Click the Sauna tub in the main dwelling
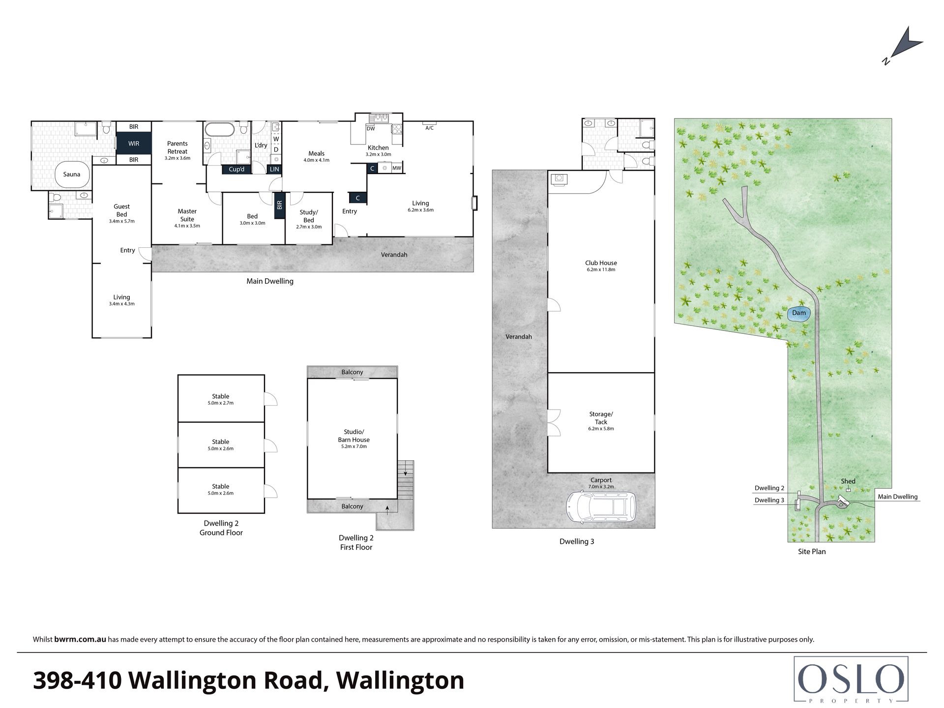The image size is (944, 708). (x=72, y=175)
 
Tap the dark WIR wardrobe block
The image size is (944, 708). (x=134, y=144)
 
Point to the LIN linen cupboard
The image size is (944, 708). (x=274, y=169)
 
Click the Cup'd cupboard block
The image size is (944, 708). (x=236, y=169)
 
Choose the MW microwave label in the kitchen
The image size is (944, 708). (x=397, y=168)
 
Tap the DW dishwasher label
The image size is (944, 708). (x=371, y=129)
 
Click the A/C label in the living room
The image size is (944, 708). (x=429, y=128)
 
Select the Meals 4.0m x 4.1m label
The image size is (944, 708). (x=316, y=156)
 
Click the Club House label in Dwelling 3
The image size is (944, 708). (x=601, y=263)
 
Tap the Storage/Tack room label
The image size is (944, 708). (x=601, y=418)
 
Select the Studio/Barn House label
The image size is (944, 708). (x=354, y=436)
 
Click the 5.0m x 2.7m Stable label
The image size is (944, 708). (x=220, y=399)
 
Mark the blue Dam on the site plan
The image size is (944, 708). (x=799, y=313)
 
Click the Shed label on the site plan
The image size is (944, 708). (x=848, y=481)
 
